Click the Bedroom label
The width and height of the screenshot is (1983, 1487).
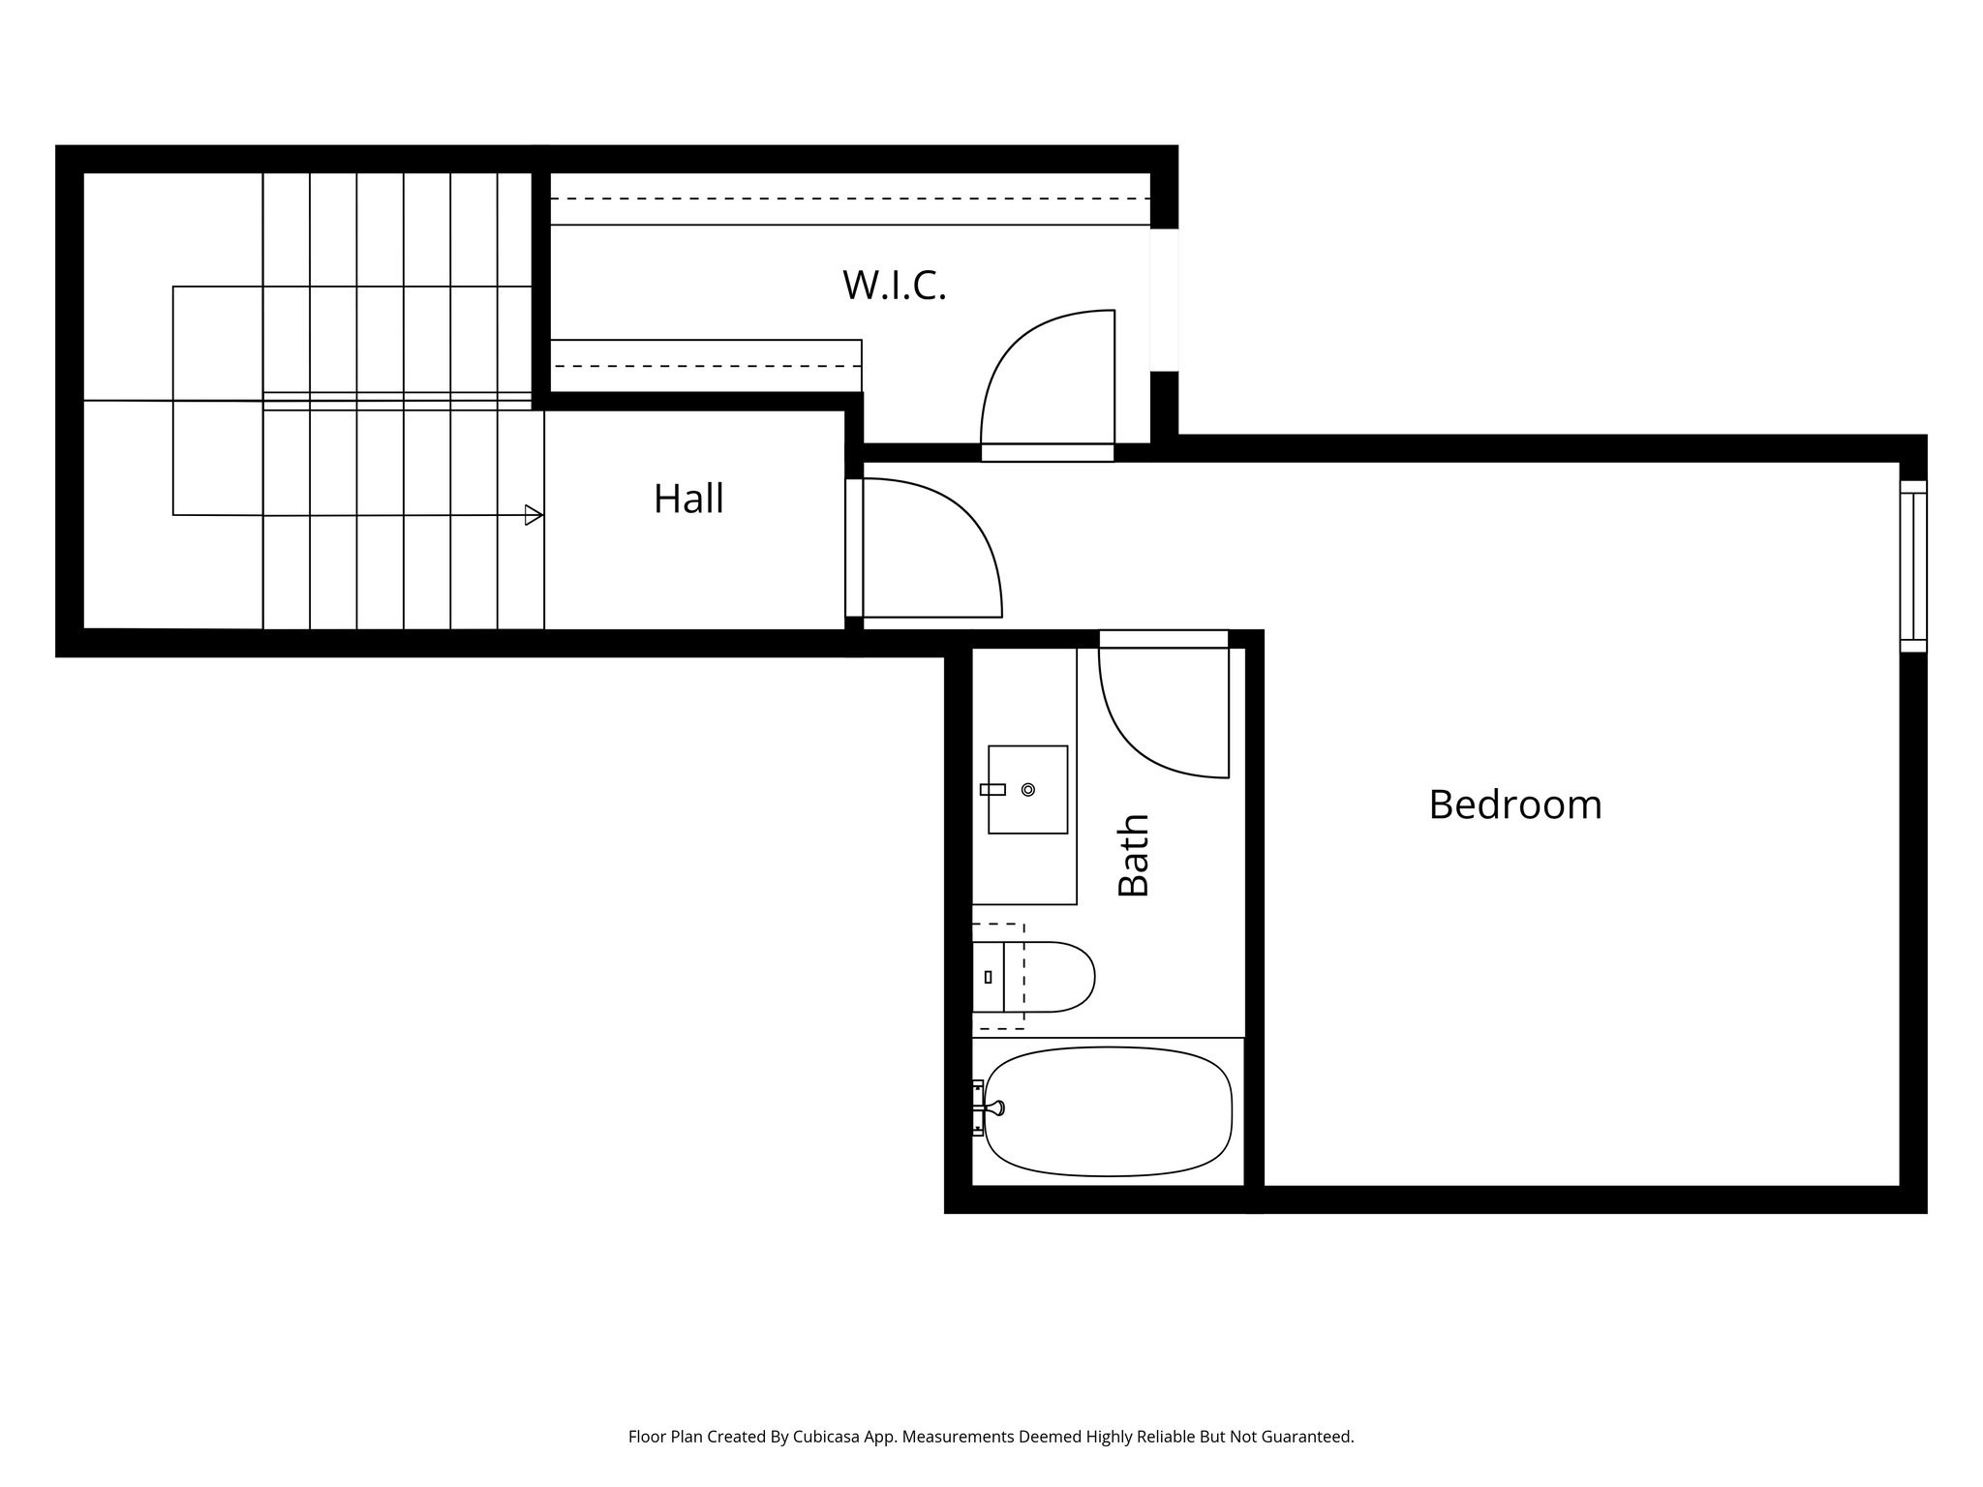tap(1514, 805)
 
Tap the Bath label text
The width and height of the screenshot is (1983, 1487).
tap(1134, 855)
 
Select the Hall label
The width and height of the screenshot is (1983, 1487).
tap(688, 500)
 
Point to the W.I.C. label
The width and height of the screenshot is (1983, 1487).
tap(894, 286)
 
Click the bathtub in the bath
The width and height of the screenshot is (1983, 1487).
tap(1109, 1112)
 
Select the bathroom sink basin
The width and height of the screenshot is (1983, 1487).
tap(1027, 789)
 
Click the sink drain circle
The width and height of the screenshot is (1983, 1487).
tap(1028, 790)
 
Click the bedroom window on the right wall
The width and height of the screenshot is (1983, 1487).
tap(1913, 566)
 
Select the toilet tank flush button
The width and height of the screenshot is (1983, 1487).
tap(988, 977)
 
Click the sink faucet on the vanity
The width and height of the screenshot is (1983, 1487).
tap(992, 790)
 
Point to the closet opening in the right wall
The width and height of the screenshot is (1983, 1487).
tap(1165, 300)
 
